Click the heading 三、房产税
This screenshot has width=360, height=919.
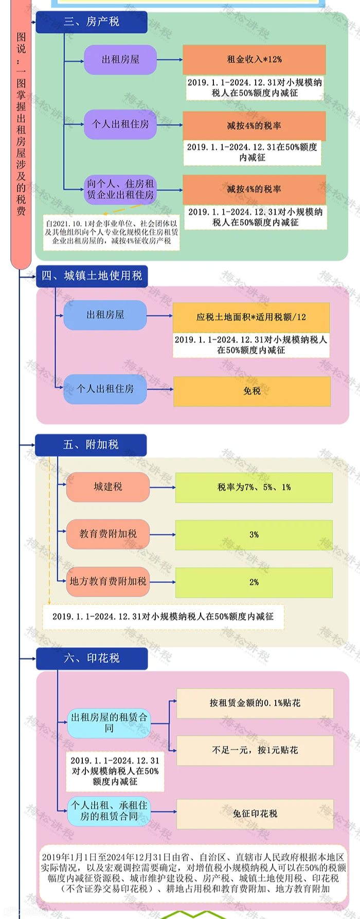(x=92, y=22)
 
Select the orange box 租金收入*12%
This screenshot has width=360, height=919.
(x=254, y=59)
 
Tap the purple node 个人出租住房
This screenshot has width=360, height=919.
(x=120, y=124)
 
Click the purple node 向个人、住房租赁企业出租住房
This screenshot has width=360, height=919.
(x=120, y=189)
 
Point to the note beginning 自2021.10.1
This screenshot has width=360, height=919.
(x=112, y=232)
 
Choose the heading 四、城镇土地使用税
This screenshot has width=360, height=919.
(x=92, y=276)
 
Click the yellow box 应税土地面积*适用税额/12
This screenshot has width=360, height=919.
(x=251, y=317)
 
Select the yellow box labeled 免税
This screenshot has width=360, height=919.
(x=252, y=391)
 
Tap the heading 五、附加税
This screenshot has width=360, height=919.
(x=91, y=445)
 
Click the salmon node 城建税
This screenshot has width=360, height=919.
(x=108, y=486)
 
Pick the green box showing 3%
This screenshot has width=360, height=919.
(x=254, y=535)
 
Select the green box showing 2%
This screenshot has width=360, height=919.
(x=254, y=582)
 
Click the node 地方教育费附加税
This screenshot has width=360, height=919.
(x=108, y=582)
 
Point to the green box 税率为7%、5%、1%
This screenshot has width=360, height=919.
(x=254, y=487)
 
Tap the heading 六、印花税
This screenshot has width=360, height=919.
(x=92, y=658)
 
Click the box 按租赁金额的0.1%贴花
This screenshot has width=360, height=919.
(x=255, y=703)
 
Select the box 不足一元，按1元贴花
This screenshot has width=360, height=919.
(x=255, y=750)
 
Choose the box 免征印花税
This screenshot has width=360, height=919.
(x=255, y=814)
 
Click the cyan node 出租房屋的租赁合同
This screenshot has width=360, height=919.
(x=109, y=723)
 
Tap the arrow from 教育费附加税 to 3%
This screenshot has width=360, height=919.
(x=163, y=535)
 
